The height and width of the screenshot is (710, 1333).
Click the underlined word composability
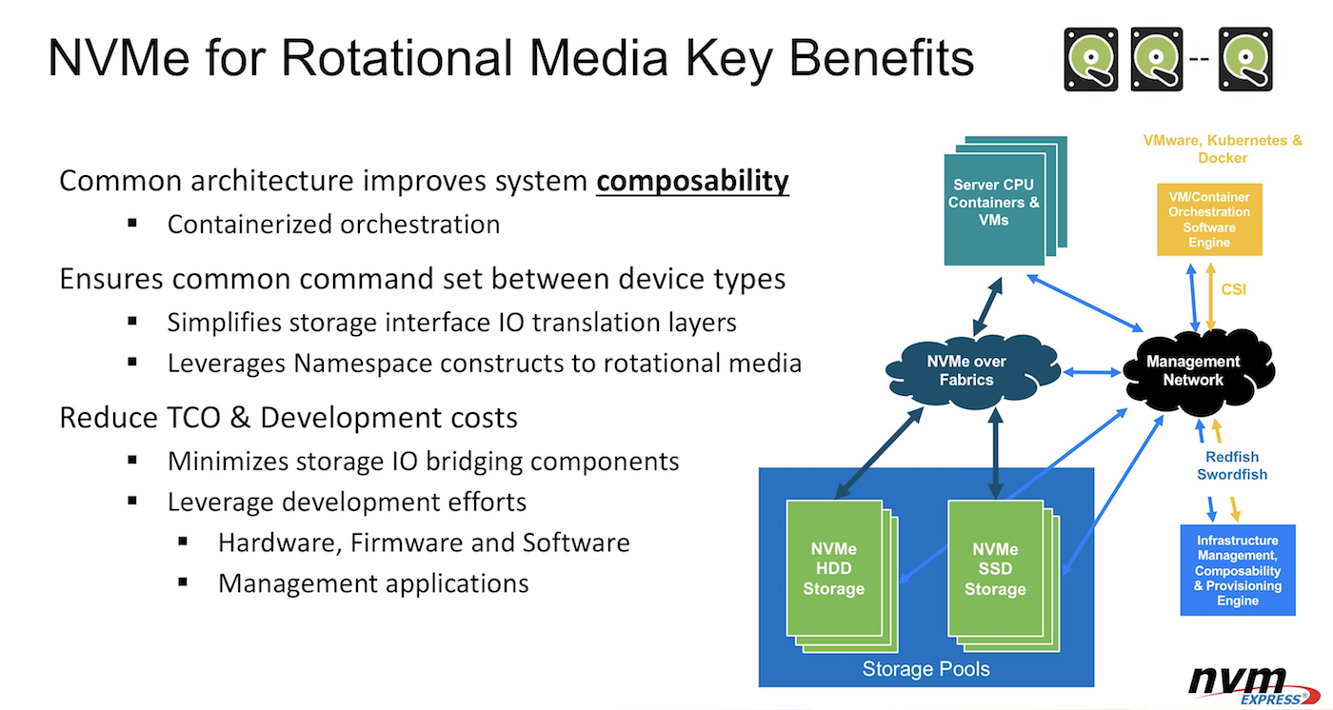[692, 181]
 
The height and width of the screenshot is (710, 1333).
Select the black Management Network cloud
[1192, 370]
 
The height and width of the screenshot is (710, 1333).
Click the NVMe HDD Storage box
[833, 569]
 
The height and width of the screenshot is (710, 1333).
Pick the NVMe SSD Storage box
[995, 569]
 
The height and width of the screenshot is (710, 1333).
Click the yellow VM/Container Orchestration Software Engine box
[1209, 220]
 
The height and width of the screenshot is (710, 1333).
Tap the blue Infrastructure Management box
[1238, 570]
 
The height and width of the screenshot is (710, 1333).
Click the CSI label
[1234, 289]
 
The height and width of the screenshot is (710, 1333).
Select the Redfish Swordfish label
[1232, 466]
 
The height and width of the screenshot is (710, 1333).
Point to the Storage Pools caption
[925, 669]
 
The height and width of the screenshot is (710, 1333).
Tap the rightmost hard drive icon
[1245, 59]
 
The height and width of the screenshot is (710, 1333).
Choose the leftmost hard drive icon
[1091, 59]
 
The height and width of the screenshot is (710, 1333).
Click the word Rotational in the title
[394, 59]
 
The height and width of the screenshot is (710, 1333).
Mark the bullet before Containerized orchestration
[133, 224]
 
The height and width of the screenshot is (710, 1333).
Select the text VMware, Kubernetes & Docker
[1223, 148]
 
